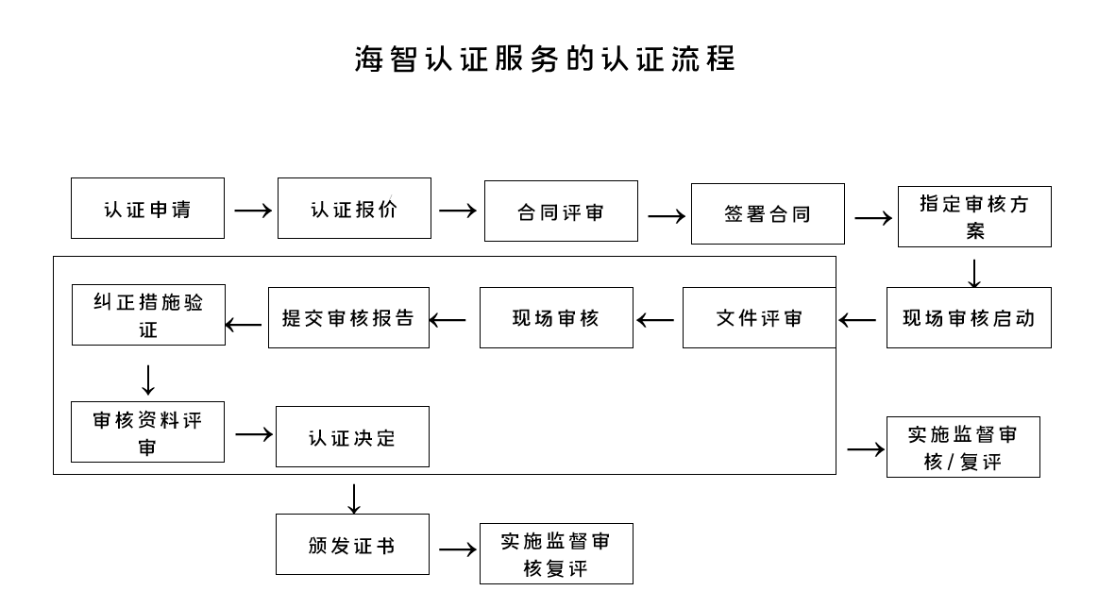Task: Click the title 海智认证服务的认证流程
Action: [x=545, y=59]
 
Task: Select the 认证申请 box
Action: [x=147, y=209]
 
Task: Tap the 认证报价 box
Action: [x=354, y=209]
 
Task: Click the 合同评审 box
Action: [x=561, y=211]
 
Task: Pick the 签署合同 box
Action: [x=768, y=214]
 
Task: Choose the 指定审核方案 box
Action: [x=974, y=217]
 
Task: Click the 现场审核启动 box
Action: [x=969, y=318]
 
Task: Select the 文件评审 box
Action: [x=759, y=318]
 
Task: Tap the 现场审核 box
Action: [x=556, y=318]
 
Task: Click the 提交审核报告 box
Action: [x=348, y=318]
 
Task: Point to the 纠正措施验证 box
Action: [x=148, y=315]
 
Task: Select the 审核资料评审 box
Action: [x=147, y=432]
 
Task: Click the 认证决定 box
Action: [x=352, y=437]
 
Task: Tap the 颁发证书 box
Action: [x=352, y=545]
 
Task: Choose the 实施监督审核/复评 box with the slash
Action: [x=963, y=448]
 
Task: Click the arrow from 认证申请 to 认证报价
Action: [x=252, y=210]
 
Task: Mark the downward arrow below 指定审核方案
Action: [x=974, y=273]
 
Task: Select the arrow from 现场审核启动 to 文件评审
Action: [x=857, y=320]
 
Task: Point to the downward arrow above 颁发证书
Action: [x=354, y=498]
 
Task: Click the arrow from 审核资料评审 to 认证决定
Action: [x=253, y=434]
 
